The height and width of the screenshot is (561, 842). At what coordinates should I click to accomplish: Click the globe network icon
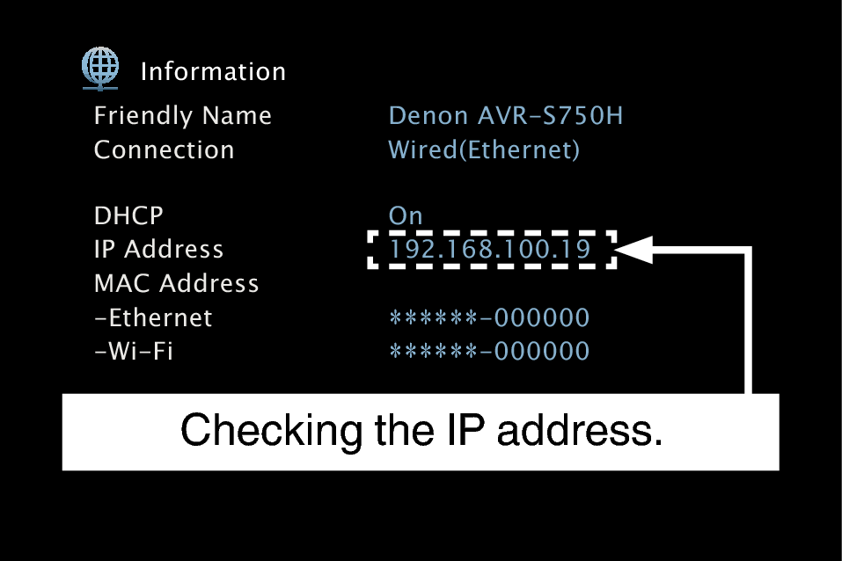coord(100,67)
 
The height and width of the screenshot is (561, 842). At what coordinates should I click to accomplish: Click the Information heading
coord(213,72)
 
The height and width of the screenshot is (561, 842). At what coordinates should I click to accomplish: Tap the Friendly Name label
coord(182,116)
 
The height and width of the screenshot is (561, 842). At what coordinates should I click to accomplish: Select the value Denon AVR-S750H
coord(506,116)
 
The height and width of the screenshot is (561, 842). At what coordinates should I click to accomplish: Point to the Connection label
coord(164,150)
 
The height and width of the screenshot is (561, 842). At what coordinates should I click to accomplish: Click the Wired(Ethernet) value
coord(484,150)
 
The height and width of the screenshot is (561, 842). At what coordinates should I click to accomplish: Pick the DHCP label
coord(128,216)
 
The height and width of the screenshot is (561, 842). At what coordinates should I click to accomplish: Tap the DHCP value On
coord(406,216)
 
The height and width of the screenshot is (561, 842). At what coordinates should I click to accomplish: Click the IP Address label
coord(158,250)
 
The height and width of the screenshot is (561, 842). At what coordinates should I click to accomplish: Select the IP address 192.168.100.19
coord(490,251)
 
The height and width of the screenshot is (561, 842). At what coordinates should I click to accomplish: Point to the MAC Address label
coord(176,284)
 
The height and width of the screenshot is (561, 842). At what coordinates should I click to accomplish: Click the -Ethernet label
coord(152,317)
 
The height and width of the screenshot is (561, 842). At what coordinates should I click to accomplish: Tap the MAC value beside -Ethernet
coord(489,318)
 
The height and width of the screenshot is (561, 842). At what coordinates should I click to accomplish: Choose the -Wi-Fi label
coord(133,352)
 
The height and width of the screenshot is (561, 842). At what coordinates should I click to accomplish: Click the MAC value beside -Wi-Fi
coord(489,352)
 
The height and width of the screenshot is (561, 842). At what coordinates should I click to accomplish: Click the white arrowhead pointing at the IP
coord(633,251)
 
